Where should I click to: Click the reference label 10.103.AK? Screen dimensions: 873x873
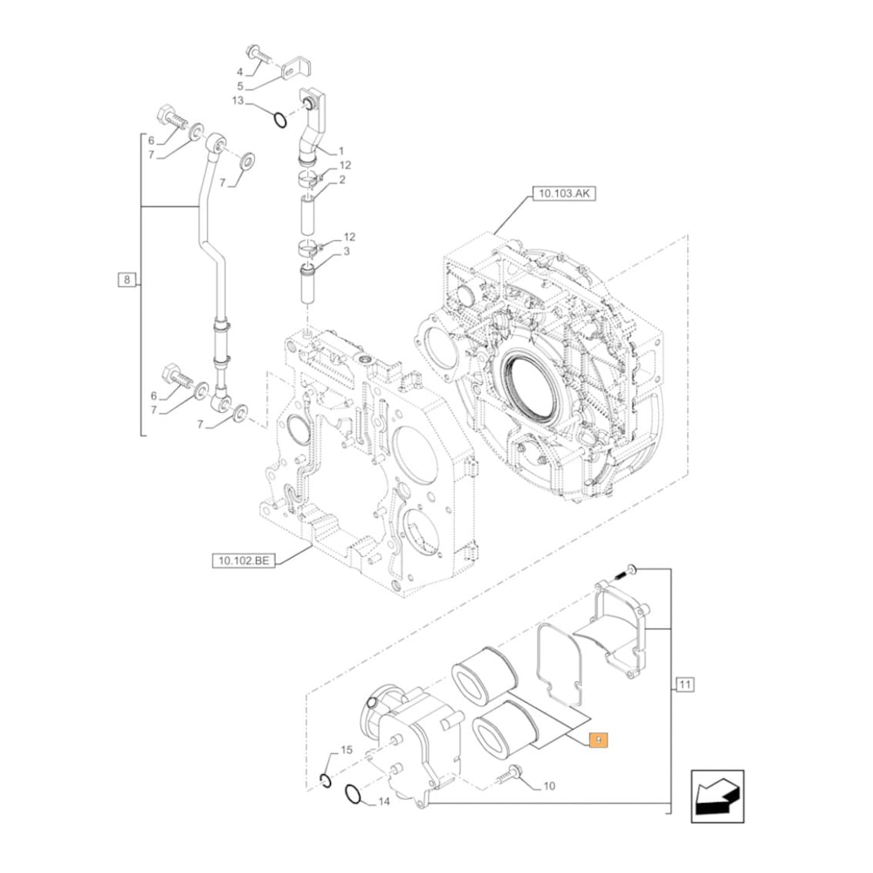tap(562, 194)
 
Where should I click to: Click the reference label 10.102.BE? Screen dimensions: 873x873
tap(242, 560)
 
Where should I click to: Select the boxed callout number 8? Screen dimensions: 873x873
tap(127, 280)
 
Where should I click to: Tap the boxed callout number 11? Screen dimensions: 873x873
tap(684, 684)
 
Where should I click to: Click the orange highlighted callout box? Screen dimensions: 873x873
tap(598, 740)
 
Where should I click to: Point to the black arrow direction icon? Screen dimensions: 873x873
tap(716, 795)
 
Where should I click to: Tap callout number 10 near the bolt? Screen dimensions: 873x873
tap(548, 786)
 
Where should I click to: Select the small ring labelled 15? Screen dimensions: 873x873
tap(325, 780)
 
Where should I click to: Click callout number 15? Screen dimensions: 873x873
tap(346, 750)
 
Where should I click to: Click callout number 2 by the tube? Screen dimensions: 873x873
tap(342, 180)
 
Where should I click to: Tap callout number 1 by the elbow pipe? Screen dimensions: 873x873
tap(341, 150)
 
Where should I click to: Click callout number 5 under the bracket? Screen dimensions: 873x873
tap(240, 86)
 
